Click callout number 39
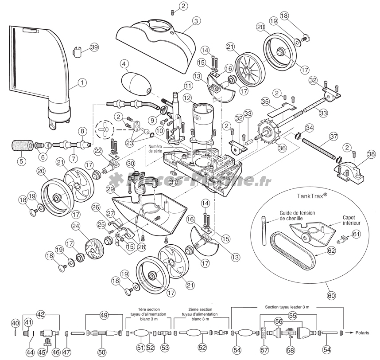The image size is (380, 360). point(94,47)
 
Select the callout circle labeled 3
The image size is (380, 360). point(196,20)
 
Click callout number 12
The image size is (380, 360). point(187,97)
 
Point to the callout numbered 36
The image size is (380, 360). point(282,149)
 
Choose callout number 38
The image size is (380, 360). point(371,154)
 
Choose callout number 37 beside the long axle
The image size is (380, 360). point(333,135)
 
